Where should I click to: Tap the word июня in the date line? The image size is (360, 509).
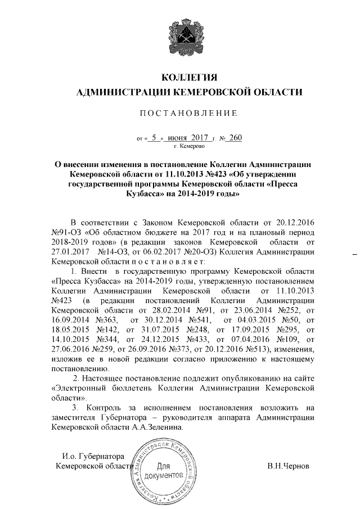[x=180, y=138]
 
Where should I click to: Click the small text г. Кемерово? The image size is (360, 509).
[x=188, y=147]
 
